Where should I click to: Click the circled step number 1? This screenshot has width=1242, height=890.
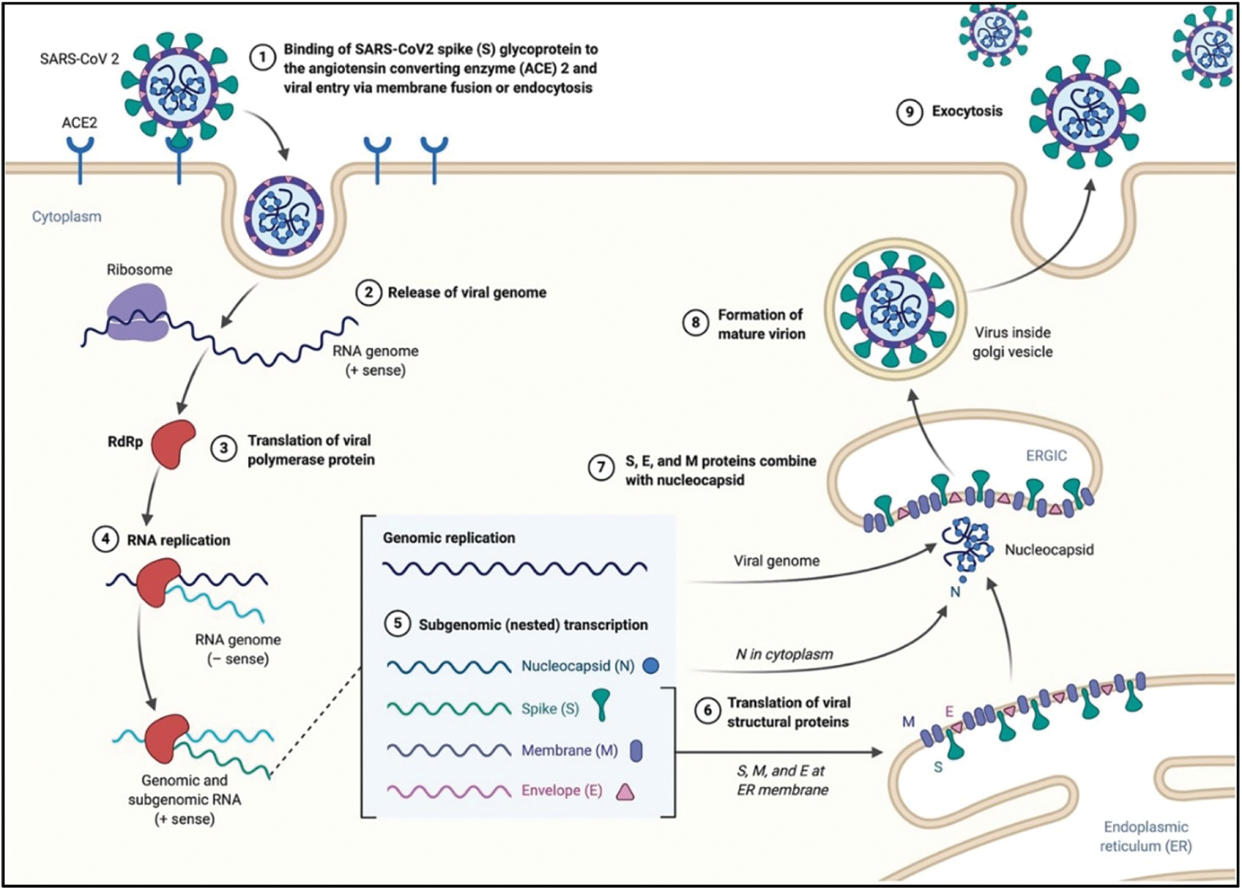pos(262,58)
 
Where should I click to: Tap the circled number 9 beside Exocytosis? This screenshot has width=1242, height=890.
pos(909,112)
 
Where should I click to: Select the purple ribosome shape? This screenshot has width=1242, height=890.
pos(137,312)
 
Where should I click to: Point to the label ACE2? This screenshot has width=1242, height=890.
pos(79,122)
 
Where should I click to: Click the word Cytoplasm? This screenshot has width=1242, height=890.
pos(66,217)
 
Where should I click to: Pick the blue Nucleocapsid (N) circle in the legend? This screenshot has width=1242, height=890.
pos(651,665)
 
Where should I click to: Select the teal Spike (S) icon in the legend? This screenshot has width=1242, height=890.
pos(602,704)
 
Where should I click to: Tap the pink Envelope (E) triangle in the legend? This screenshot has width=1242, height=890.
pos(625,792)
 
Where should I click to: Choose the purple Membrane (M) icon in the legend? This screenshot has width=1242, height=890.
pos(636,750)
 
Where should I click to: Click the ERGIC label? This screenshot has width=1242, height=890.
pos(1046,456)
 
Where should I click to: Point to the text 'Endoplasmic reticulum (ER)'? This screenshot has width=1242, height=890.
pos(1145,837)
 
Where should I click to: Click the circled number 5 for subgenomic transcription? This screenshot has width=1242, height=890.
pos(397,624)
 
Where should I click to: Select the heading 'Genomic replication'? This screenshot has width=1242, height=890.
pos(449,538)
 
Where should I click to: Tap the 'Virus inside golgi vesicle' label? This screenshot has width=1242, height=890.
pos(1012,342)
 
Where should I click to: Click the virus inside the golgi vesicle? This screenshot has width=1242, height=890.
pos(895,308)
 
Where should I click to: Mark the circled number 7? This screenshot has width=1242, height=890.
pos(601,468)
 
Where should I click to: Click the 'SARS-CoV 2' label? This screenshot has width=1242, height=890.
pos(79,59)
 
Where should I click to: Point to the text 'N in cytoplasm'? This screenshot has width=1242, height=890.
pos(784,655)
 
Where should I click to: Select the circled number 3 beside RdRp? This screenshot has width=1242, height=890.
pos(223,449)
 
